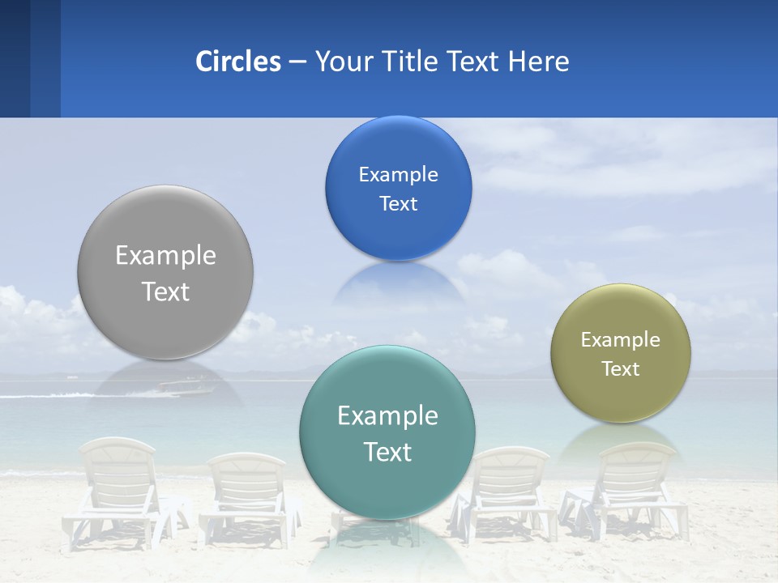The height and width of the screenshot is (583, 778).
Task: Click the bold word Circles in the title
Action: tap(238, 62)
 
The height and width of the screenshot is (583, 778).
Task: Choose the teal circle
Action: tap(387, 486)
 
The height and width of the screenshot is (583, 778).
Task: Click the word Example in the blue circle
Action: tap(398, 175)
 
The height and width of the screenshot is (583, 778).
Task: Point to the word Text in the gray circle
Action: tap(165, 291)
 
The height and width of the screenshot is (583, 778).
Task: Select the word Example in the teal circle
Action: tap(387, 416)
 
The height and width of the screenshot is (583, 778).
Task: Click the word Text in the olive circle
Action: tap(621, 369)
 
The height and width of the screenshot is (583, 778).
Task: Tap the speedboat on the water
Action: tap(185, 387)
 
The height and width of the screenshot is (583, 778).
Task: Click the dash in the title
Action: tap(297, 62)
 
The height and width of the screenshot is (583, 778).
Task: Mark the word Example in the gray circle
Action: tap(165, 256)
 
